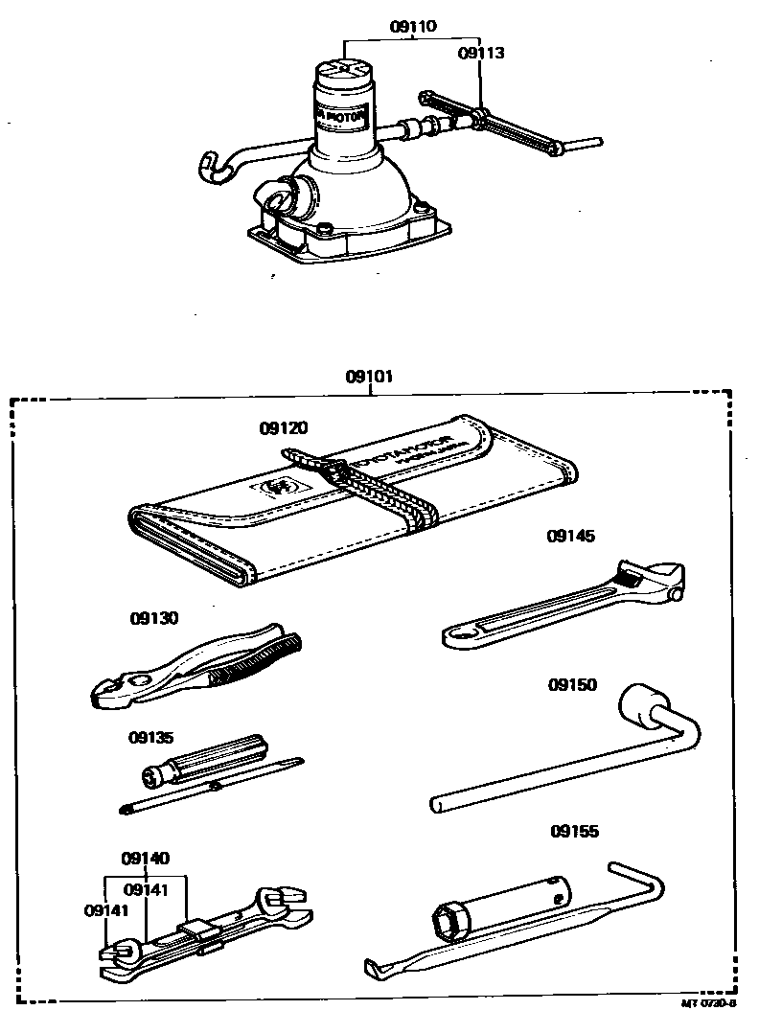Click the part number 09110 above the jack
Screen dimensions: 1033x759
coord(413,27)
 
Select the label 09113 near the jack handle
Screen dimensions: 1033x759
coord(480,54)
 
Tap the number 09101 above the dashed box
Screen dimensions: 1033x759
coord(369,377)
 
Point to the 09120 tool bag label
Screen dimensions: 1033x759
coord(283,427)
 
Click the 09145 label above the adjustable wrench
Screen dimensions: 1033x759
coord(571,537)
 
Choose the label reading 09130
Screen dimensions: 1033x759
coord(154,619)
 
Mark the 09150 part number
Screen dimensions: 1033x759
coord(572,685)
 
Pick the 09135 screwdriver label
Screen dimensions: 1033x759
coord(152,738)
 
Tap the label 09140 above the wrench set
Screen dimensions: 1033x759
coord(146,858)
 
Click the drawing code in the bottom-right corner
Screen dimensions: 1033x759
coord(708,1004)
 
